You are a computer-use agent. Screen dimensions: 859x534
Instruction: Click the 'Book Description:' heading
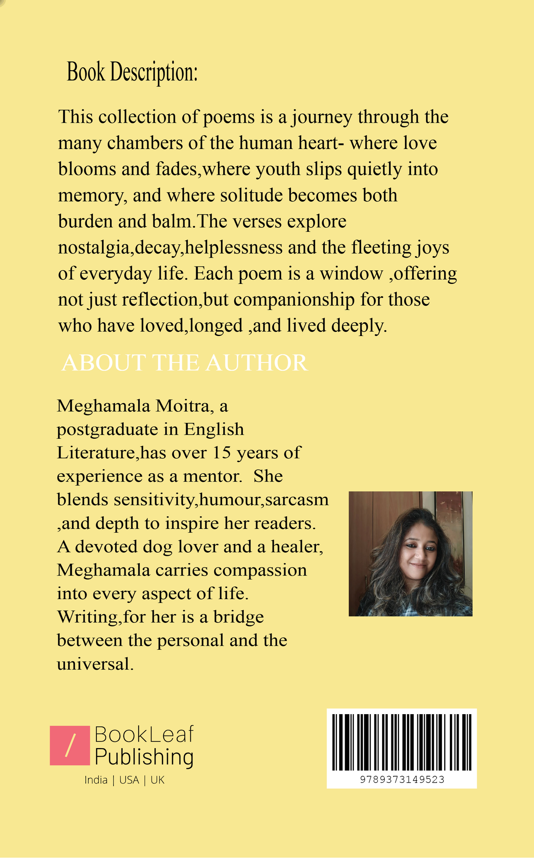coord(132,72)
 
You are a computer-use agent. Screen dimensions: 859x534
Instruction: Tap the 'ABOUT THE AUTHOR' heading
coord(184,363)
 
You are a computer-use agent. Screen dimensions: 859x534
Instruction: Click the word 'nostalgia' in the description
coord(94,248)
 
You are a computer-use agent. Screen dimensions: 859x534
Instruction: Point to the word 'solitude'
coord(251,195)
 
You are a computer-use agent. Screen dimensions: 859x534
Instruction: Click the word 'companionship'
coord(294,299)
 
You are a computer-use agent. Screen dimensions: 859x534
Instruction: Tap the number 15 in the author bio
coord(222,453)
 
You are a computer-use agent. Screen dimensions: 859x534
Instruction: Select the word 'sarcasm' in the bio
coord(297,500)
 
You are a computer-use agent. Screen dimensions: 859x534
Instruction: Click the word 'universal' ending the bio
coord(93,664)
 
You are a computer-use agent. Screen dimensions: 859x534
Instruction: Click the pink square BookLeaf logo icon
coord(70,746)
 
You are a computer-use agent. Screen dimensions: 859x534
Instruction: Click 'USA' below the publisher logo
coord(129,780)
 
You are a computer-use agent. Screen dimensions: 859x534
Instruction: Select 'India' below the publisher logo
coord(96,780)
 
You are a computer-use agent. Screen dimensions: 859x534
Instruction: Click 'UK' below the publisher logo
coord(157,780)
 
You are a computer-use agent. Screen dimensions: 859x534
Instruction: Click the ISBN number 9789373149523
coord(402,780)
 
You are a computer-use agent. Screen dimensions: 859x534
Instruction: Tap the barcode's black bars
coord(402,742)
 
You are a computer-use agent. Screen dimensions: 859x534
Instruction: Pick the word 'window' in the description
coord(351,274)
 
